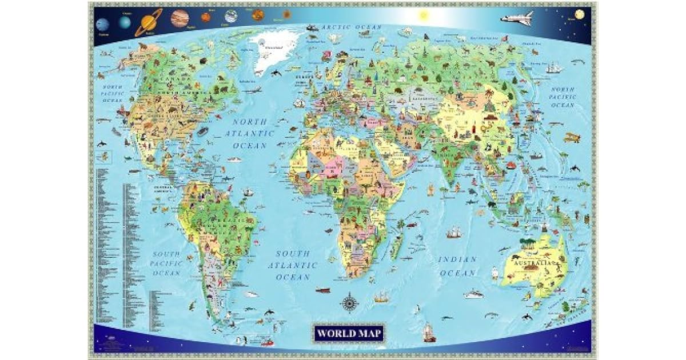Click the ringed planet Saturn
(149, 22)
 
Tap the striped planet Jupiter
(180, 19)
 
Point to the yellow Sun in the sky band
(424, 15)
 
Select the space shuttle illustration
(517, 18)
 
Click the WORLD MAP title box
(349, 332)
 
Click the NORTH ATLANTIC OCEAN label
(249, 133)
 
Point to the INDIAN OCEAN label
(457, 266)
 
